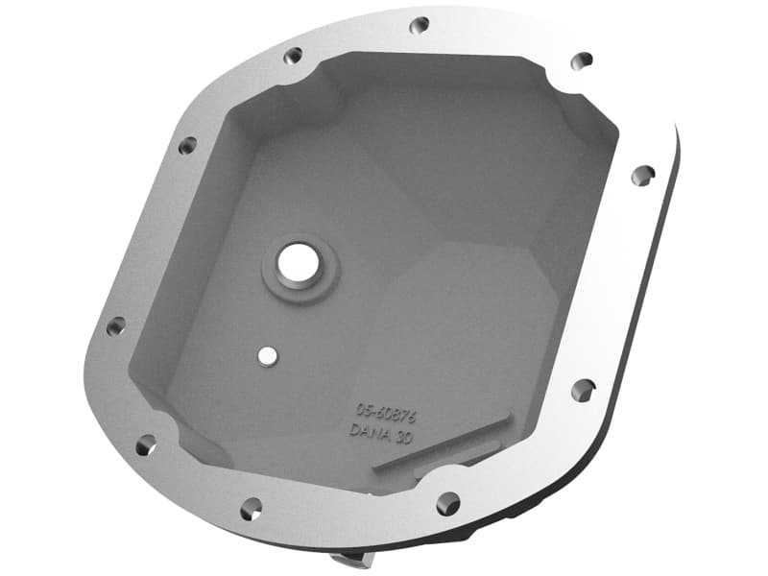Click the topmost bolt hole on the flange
pyautogui.click(x=419, y=26)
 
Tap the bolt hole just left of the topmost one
pyautogui.click(x=294, y=56)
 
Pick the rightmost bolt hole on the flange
pyautogui.click(x=643, y=175)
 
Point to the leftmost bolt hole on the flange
pyautogui.click(x=115, y=326)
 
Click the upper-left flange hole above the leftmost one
pyautogui.click(x=186, y=146)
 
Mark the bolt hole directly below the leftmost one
pyautogui.click(x=146, y=444)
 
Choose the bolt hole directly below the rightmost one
pyautogui.click(x=583, y=390)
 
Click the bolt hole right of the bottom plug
pyautogui.click(x=447, y=502)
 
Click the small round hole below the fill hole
pyautogui.click(x=266, y=355)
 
